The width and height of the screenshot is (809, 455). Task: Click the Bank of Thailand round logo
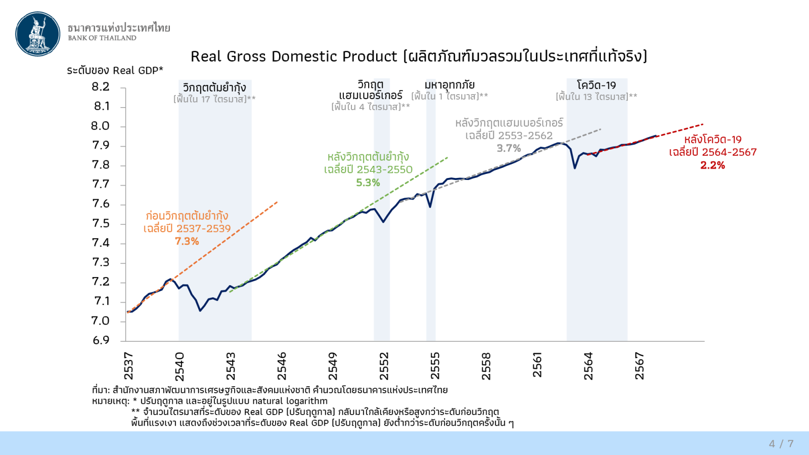pos(38,34)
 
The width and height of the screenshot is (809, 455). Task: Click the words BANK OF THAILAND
pos(102,38)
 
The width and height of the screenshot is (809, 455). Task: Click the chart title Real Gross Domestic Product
pos(294,56)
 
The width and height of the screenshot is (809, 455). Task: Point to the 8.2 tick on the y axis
pos(101,87)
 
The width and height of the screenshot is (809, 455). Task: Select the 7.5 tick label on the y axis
pos(101,223)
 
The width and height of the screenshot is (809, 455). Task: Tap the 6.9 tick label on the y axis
pos(101,340)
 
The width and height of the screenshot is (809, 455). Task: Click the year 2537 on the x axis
pos(128,366)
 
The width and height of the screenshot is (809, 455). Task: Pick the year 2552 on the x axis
pos(384,366)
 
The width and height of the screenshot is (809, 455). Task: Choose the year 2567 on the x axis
pos(640,366)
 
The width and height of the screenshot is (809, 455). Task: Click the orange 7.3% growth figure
pos(187,241)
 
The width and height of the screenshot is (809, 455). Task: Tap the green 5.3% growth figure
pos(368,183)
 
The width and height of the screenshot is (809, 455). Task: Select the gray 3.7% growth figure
pos(509,148)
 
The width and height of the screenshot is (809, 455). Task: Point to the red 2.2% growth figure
pos(712,165)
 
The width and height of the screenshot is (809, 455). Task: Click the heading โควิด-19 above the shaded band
pos(597,85)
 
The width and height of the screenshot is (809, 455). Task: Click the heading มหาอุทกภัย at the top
pos(450,84)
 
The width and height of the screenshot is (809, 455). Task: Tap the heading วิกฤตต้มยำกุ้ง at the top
pos(214,87)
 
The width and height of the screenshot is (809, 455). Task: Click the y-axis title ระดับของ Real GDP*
pos(115,70)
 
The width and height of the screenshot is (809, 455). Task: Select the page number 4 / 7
pos(781,443)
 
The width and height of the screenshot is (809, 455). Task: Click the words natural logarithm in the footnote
pos(290,401)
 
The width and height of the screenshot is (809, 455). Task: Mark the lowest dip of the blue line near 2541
pos(200,310)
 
